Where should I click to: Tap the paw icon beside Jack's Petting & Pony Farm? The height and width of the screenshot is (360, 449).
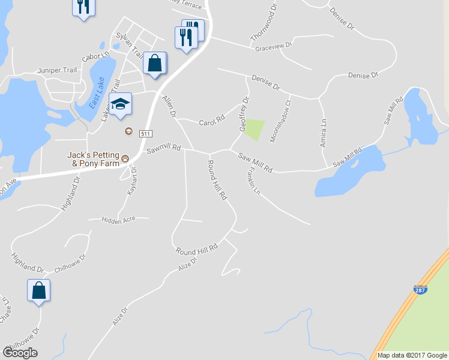(x=125, y=158)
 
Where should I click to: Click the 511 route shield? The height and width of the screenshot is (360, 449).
(x=145, y=133)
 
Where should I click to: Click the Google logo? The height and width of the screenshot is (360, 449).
(x=20, y=353)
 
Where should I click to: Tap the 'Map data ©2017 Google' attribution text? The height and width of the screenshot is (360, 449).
(x=412, y=355)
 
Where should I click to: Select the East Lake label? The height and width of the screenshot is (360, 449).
(x=97, y=92)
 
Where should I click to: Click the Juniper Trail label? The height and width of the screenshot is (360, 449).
(x=57, y=70)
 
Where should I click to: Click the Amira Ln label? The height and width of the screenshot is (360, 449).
(x=323, y=137)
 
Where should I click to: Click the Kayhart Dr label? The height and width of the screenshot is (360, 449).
(x=133, y=181)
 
